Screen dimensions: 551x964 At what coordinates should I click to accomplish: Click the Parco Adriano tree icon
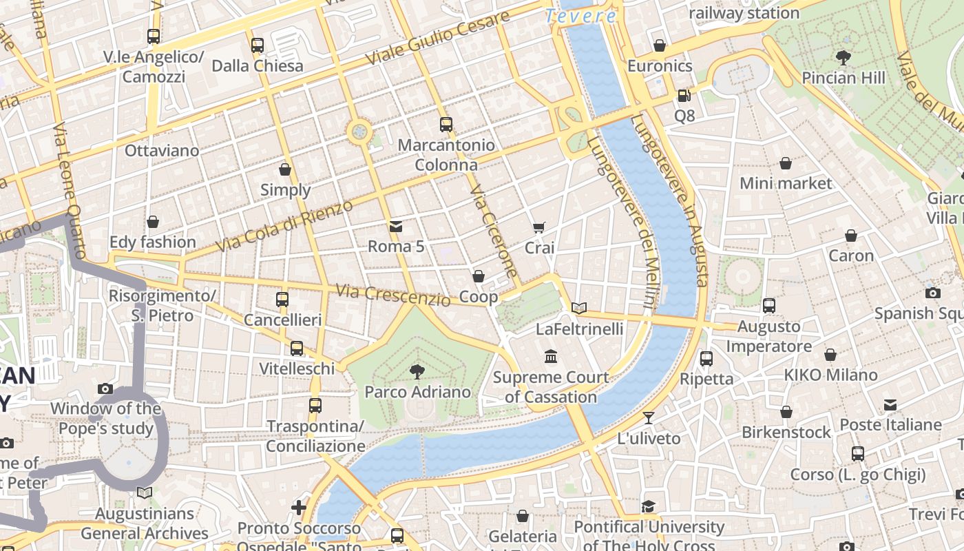pyautogui.click(x=417, y=372)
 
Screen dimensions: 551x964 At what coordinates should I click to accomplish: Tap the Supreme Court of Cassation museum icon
pyautogui.click(x=551, y=357)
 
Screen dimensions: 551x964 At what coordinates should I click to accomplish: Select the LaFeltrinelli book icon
pyautogui.click(x=579, y=308)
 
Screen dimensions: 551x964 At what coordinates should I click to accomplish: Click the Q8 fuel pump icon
pyautogui.click(x=684, y=96)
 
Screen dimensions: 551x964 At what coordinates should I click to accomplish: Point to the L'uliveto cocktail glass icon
pyautogui.click(x=648, y=417)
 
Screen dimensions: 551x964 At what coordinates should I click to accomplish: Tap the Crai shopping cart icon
pyautogui.click(x=539, y=227)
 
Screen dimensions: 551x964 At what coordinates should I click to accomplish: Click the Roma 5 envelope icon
pyautogui.click(x=396, y=226)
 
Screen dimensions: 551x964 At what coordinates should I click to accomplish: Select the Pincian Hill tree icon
pyautogui.click(x=843, y=57)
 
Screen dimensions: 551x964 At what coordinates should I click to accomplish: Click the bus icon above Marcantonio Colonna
pyautogui.click(x=446, y=125)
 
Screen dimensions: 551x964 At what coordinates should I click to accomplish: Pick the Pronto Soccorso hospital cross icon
pyautogui.click(x=298, y=508)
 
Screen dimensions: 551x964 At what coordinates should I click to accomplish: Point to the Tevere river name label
pyautogui.click(x=580, y=16)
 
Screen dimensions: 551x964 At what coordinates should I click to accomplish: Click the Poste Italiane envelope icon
pyautogui.click(x=890, y=404)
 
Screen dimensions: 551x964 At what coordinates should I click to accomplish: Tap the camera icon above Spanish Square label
pyautogui.click(x=933, y=293)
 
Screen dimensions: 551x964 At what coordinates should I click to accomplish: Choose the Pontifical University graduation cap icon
pyautogui.click(x=648, y=507)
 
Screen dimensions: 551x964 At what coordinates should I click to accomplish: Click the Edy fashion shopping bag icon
pyautogui.click(x=153, y=222)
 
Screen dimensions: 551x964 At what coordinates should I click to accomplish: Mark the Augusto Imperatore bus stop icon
pyautogui.click(x=769, y=305)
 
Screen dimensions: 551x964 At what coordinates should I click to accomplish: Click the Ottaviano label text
pyautogui.click(x=162, y=150)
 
